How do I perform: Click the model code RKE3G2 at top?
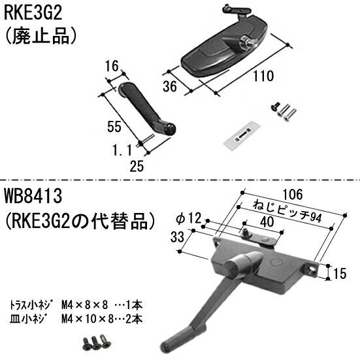tap(31, 11)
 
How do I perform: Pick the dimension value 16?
tap(111, 65)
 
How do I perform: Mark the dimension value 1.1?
tap(122, 149)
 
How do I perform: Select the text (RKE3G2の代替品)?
tap(80, 218)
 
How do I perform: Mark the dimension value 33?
tap(176, 238)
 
